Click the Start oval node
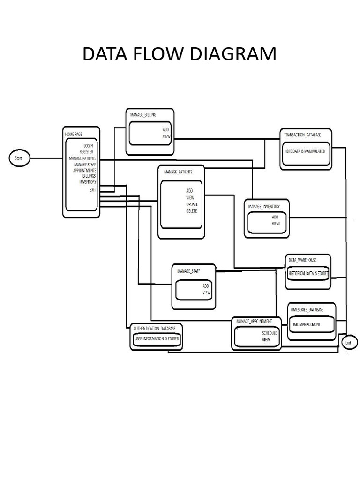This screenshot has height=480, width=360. pos(19,158)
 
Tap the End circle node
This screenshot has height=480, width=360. pos(348,343)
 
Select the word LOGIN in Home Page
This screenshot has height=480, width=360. pos(89,146)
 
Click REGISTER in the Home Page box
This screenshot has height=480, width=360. pos(86,152)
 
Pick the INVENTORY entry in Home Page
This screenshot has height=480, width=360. pos(88,182)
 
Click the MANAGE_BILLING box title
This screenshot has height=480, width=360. pos(143,114)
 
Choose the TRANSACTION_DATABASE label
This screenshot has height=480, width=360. pos(302,135)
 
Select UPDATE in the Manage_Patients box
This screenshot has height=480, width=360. pos(192,204)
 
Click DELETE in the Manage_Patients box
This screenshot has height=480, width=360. pos(192,211)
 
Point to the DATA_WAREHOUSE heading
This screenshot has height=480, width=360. pos(302,260)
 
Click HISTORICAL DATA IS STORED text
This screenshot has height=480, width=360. pos(308,273)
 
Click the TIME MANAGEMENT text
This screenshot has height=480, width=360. pos(306,324)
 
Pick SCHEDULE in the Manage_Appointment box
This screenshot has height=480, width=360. pos(270,333)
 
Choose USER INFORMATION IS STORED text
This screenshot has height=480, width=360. pos(157,338)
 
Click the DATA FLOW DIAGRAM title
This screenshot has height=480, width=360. pos(180,54)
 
